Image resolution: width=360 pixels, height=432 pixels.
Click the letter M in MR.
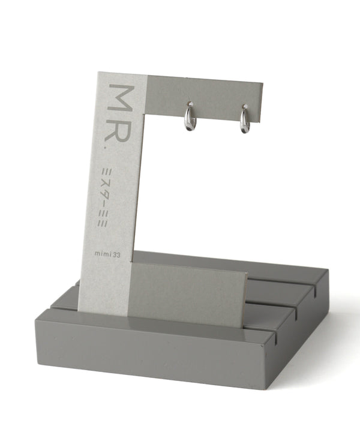(121, 97)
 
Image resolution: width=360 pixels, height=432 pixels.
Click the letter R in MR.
(118, 129)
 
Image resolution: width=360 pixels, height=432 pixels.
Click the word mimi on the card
(103, 253)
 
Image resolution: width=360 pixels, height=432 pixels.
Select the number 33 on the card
(116, 255)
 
